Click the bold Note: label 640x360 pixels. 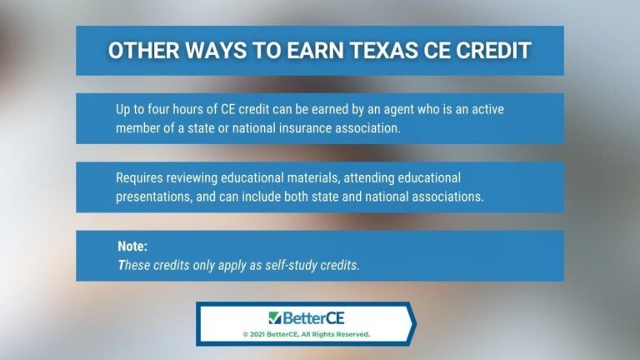[133, 247]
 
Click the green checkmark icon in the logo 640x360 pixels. [274, 317]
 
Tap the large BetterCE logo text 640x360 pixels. [312, 317]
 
